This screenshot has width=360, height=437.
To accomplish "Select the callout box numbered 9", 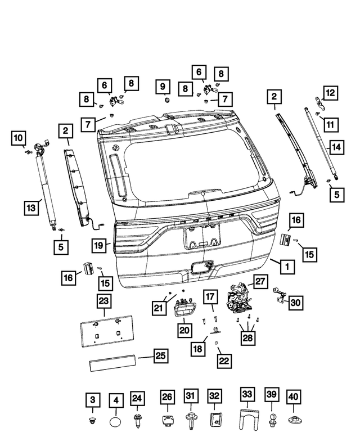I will (163, 87).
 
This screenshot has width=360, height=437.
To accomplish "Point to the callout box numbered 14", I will (336, 147).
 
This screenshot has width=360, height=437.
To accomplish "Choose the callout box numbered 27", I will (260, 281).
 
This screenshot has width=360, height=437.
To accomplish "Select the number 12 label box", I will (330, 92).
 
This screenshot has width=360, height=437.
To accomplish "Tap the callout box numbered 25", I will (160, 356).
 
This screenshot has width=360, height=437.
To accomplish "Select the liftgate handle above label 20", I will (184, 307).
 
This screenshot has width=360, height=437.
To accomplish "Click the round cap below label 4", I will (115, 420).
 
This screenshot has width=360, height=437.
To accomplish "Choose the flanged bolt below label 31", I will (190, 419).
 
